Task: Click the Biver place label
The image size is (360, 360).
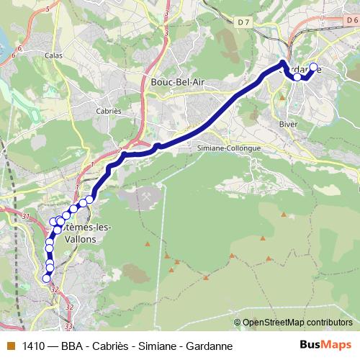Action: (288, 123)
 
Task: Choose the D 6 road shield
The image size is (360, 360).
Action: (351, 21)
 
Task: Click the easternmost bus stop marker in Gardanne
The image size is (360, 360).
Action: (312, 67)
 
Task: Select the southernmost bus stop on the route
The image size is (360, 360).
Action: (48, 279)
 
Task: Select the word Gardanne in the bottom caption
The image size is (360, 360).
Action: (209, 346)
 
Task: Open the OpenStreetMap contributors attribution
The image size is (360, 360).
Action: (298, 322)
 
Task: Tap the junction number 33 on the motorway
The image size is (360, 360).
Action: (68, 326)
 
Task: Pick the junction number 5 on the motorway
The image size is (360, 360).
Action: (47, 9)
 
